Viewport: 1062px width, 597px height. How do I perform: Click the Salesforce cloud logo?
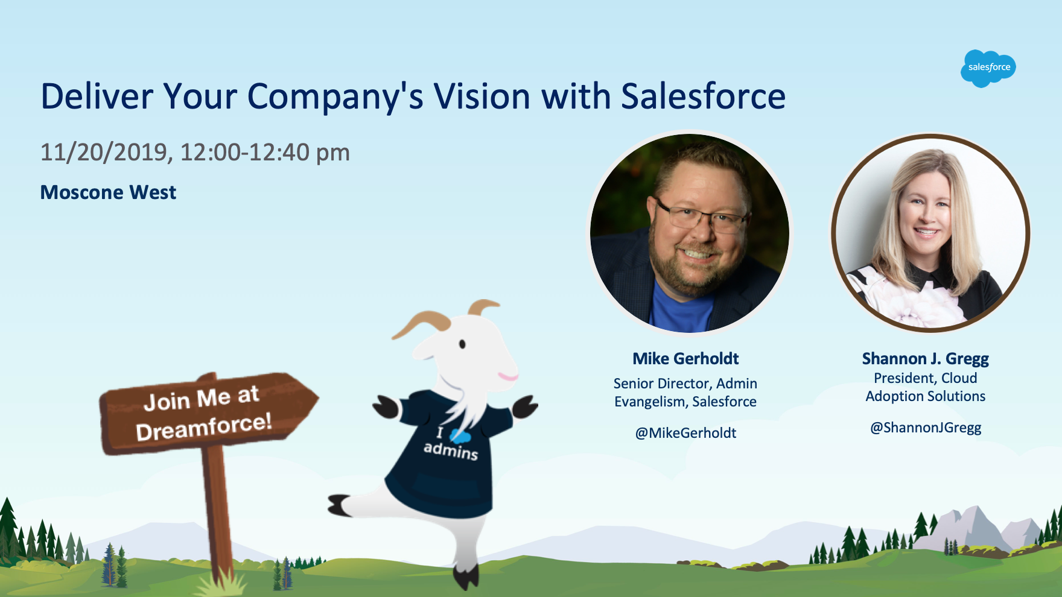click(x=988, y=68)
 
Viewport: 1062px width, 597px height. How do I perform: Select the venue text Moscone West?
click(x=108, y=192)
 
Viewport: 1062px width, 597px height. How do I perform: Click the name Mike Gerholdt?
click(x=685, y=359)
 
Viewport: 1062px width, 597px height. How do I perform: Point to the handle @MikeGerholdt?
click(x=685, y=433)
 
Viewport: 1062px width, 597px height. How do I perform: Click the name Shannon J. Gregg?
click(x=925, y=359)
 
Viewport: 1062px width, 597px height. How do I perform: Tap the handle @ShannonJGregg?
click(x=925, y=428)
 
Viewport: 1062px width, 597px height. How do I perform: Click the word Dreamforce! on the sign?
click(x=204, y=427)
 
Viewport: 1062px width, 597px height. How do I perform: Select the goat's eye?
click(x=462, y=344)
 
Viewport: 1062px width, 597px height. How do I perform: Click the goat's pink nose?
click(x=508, y=377)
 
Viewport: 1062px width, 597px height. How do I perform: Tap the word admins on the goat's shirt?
click(x=451, y=450)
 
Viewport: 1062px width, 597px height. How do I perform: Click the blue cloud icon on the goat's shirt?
click(x=460, y=435)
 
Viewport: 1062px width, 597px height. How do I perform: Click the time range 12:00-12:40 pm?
click(x=265, y=153)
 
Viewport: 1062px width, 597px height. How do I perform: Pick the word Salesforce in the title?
click(x=703, y=96)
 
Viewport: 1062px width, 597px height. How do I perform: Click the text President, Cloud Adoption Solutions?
click(x=925, y=387)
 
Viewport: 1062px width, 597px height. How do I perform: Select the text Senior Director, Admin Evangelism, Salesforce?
click(x=685, y=393)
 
